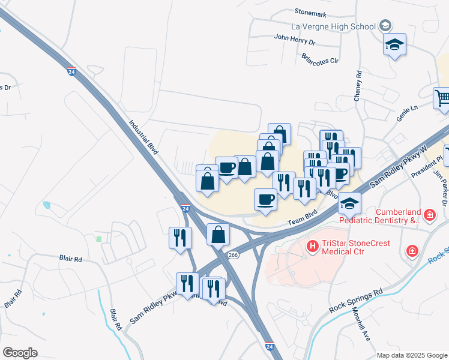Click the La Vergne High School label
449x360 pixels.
333,26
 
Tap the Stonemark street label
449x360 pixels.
310,11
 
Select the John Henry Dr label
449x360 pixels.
295,40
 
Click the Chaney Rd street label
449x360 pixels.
358,86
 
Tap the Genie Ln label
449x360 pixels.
406,108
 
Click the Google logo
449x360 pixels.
20,353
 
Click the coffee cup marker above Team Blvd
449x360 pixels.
265,200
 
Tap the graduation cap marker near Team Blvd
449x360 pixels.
349,203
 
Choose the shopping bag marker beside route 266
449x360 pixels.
218,235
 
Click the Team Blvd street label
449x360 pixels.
302,221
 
